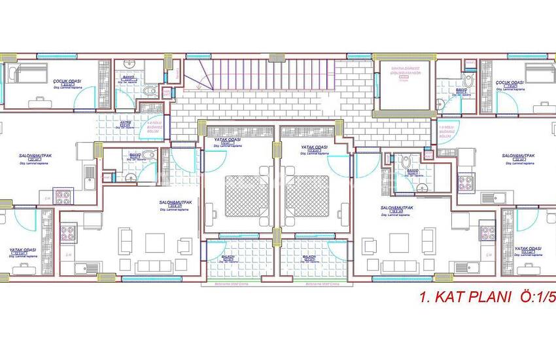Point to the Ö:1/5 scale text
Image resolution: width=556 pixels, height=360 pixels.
[536, 298]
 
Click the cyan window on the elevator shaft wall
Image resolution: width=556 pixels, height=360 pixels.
[377, 84]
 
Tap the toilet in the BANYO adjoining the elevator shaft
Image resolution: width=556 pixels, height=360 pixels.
[467, 81]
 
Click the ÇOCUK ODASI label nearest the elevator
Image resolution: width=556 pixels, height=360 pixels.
[508, 82]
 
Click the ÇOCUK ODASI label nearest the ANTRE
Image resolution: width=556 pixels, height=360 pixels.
[66, 81]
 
